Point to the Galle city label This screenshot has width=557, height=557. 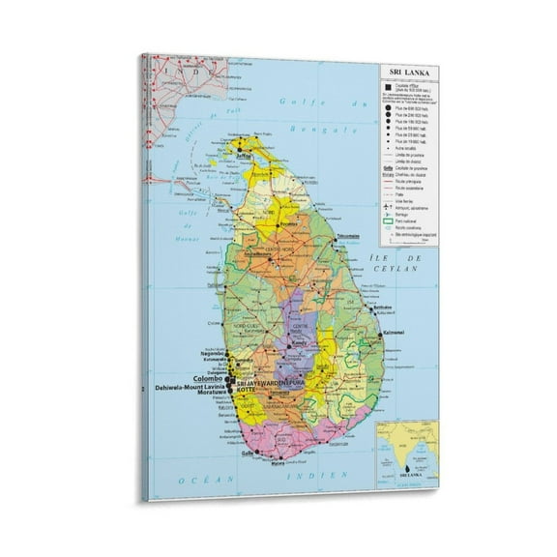pos(248,453)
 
